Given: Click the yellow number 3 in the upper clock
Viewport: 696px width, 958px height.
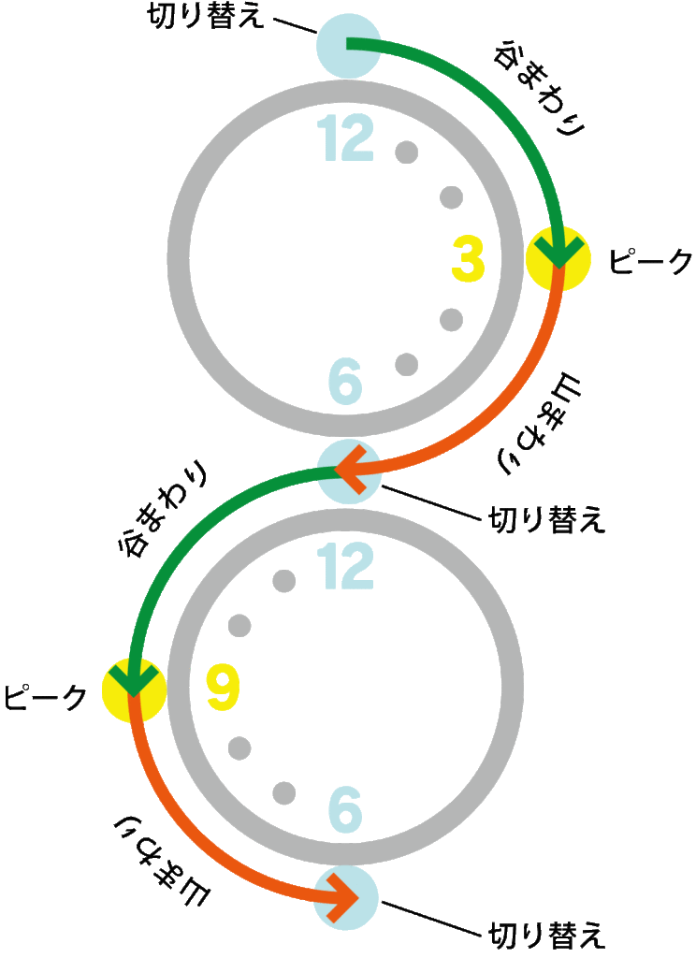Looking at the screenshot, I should coord(468,260).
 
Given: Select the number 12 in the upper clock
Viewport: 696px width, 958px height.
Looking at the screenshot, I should coord(345,139).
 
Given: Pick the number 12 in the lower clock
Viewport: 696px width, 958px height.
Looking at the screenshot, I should coord(345,567).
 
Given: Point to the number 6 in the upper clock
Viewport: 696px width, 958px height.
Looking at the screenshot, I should coord(345,381).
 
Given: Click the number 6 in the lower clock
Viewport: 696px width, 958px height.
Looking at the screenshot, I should coord(345,808).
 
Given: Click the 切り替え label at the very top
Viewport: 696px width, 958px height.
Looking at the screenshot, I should coord(209,18).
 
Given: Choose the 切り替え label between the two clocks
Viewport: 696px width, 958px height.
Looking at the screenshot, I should coord(548,518).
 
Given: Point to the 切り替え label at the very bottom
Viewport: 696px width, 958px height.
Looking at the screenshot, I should coord(548,934).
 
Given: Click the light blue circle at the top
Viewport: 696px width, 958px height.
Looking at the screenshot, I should coord(348,45).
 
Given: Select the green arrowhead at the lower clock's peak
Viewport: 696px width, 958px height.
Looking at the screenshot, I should coord(132,682).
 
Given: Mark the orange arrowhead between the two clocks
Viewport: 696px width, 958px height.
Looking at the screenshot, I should coord(350,467).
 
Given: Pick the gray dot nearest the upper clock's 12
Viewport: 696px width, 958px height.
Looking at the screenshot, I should coord(406,152).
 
